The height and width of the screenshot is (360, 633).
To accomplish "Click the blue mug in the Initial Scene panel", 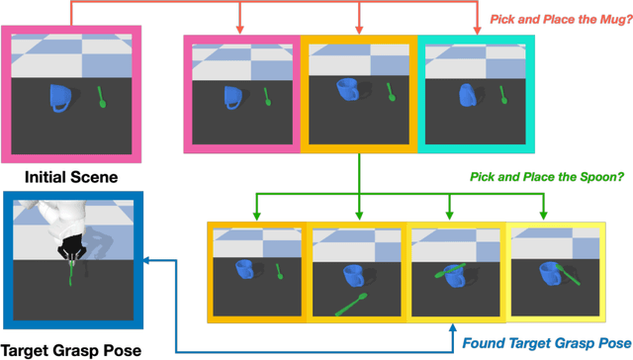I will (60, 97).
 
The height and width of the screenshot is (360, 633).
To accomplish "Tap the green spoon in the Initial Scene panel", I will (101, 97).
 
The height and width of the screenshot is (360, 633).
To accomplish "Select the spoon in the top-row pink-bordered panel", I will (269, 97).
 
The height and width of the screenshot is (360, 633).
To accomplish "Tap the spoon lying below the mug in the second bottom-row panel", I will (352, 303).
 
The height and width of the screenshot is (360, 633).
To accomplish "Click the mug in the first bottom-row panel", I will (244, 269).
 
